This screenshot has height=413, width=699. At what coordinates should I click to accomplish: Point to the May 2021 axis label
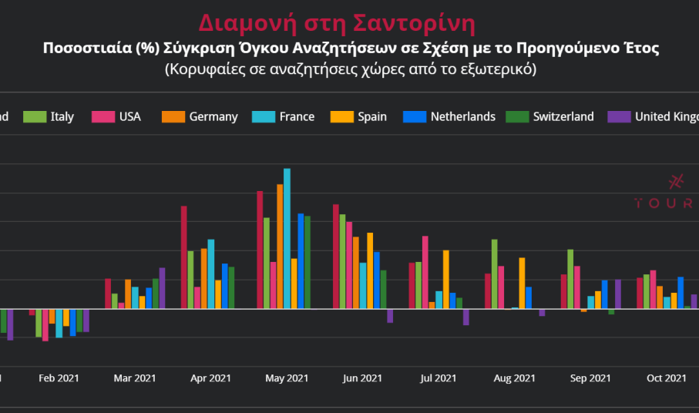(x=286, y=378)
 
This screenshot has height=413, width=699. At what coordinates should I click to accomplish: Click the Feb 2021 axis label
(x=59, y=378)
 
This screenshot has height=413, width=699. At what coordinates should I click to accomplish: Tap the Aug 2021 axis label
(x=514, y=378)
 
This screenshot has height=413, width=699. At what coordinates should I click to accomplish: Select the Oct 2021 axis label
(x=666, y=378)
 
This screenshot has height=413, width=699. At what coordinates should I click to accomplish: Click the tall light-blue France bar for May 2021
(x=287, y=239)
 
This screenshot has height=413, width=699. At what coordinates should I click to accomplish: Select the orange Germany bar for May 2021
(x=280, y=247)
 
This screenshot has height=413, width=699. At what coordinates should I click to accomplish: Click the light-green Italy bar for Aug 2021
(x=494, y=274)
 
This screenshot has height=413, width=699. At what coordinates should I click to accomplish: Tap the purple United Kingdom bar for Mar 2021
(x=162, y=288)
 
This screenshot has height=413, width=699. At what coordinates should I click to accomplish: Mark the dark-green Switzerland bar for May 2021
(x=307, y=262)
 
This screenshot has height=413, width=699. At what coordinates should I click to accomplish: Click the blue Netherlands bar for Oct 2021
(x=681, y=293)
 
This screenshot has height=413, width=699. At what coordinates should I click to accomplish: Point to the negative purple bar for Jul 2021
(x=466, y=317)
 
